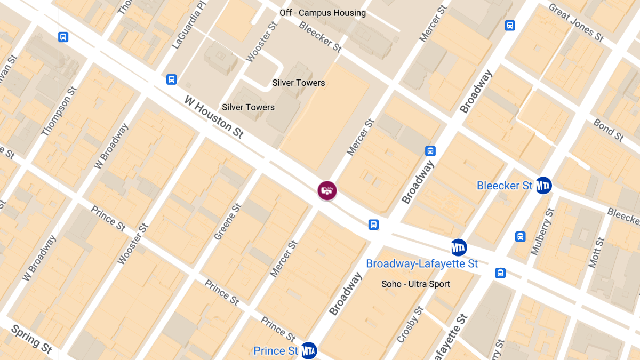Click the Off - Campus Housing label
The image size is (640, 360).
tap(323, 13)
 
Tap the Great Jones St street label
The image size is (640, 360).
tap(576, 23)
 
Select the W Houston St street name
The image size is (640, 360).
tap(214, 117)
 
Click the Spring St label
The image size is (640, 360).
tap(31, 339)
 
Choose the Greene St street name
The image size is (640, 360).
tap(226, 221)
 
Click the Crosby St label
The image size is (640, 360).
tap(410, 324)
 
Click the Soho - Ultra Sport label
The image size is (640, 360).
tap(415, 284)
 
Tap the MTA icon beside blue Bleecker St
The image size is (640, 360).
tap(543, 185)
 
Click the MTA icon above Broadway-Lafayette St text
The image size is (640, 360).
tap(459, 247)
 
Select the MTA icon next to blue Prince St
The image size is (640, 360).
tap(309, 350)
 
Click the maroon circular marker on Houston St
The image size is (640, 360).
tap(327, 190)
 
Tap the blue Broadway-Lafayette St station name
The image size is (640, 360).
tap(422, 263)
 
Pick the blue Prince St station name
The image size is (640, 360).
tap(276, 351)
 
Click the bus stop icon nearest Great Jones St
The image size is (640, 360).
tap(510, 25)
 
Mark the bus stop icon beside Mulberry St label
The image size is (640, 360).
tap(520, 236)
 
